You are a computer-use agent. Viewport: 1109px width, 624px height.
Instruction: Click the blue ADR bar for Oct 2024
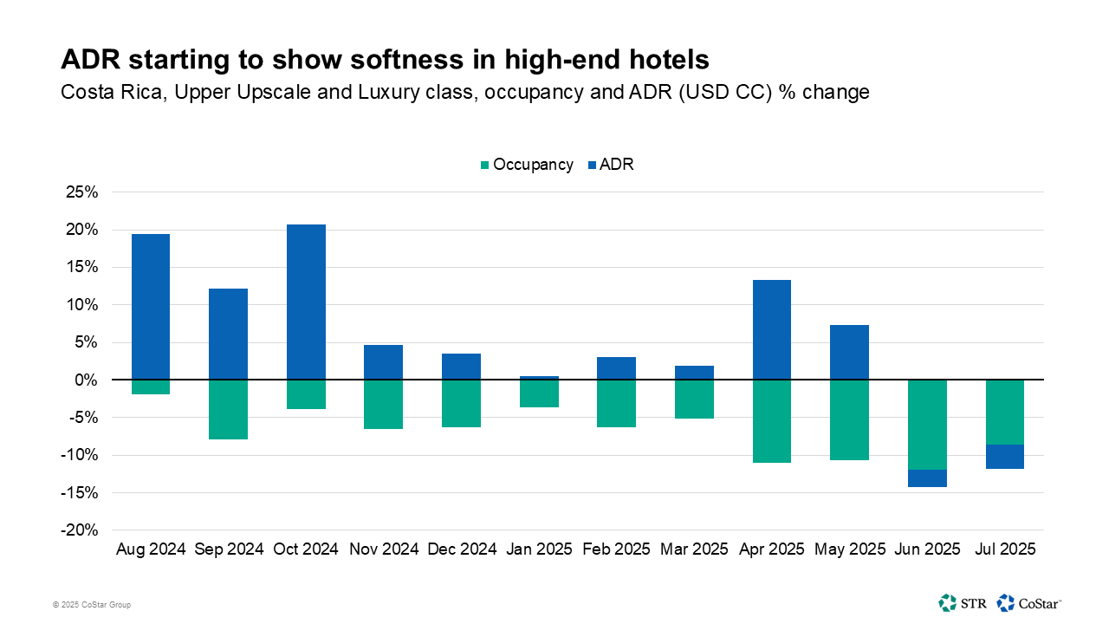(x=306, y=302)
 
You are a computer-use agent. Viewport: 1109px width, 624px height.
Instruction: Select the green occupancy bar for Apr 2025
(x=771, y=421)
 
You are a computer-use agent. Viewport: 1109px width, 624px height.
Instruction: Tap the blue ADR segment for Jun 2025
(x=927, y=478)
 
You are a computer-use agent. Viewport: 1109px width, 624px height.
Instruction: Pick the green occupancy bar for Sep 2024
(x=228, y=409)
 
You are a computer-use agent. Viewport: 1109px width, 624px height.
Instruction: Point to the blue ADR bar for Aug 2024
(x=150, y=307)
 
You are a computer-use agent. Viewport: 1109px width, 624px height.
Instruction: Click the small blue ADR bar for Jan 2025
(x=539, y=378)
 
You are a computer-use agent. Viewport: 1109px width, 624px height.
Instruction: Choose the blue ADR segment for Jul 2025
(x=1005, y=457)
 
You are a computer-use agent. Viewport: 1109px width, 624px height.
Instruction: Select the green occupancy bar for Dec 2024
(x=461, y=403)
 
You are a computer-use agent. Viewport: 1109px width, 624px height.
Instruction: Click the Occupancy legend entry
(x=526, y=165)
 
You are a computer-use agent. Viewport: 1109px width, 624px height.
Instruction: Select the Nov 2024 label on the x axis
(x=384, y=549)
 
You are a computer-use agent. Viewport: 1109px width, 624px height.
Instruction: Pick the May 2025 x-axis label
(x=849, y=549)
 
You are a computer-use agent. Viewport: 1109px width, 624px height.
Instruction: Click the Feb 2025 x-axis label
(x=617, y=549)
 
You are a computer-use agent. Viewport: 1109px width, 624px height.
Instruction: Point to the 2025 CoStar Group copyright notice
(x=91, y=604)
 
